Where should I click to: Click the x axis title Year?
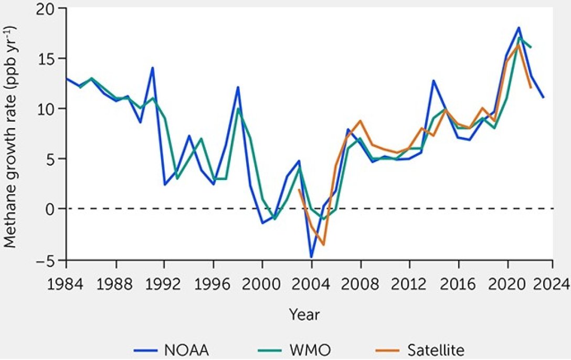point(304,315)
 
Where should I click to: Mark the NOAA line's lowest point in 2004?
point(311,257)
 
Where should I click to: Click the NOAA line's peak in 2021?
point(519,27)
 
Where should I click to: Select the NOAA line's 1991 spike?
point(152,67)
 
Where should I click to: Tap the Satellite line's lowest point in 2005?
point(324,245)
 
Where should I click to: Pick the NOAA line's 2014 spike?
point(433,80)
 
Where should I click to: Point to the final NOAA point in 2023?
point(544,98)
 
